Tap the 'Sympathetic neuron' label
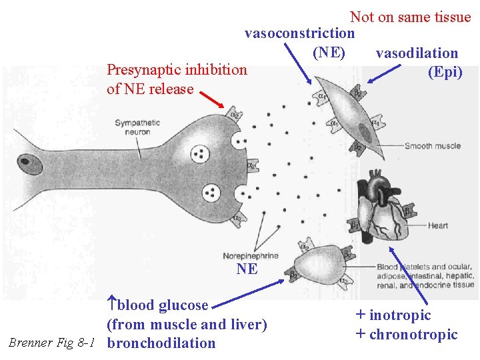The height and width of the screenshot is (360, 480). click(x=137, y=127)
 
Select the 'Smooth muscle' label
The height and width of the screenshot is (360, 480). click(x=432, y=146)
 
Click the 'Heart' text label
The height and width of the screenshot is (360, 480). click(x=438, y=225)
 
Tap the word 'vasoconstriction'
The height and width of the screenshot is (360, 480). click(x=299, y=33)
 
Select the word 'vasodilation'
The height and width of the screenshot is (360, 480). click(x=417, y=53)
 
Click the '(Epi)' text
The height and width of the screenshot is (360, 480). click(x=445, y=72)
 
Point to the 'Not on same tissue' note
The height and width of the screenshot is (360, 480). click(x=410, y=17)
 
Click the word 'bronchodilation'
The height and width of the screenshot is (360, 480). click(x=161, y=343)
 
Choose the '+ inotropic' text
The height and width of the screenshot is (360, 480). click(x=393, y=315)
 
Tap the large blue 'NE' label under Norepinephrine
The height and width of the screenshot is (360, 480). click(x=247, y=269)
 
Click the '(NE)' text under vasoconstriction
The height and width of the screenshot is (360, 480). click(x=329, y=51)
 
